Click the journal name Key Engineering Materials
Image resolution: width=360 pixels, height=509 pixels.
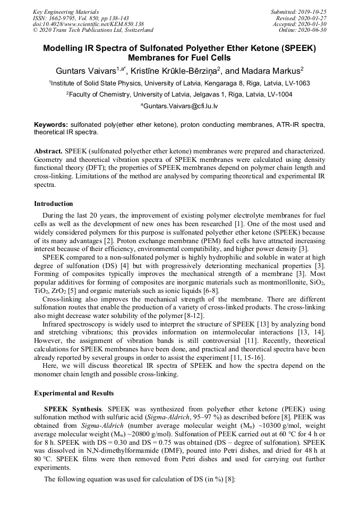point(66,11)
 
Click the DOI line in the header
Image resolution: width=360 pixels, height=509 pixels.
point(88,24)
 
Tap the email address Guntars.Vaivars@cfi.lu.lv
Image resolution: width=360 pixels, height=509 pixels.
point(180,106)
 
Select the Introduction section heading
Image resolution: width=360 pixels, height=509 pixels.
point(53,204)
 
